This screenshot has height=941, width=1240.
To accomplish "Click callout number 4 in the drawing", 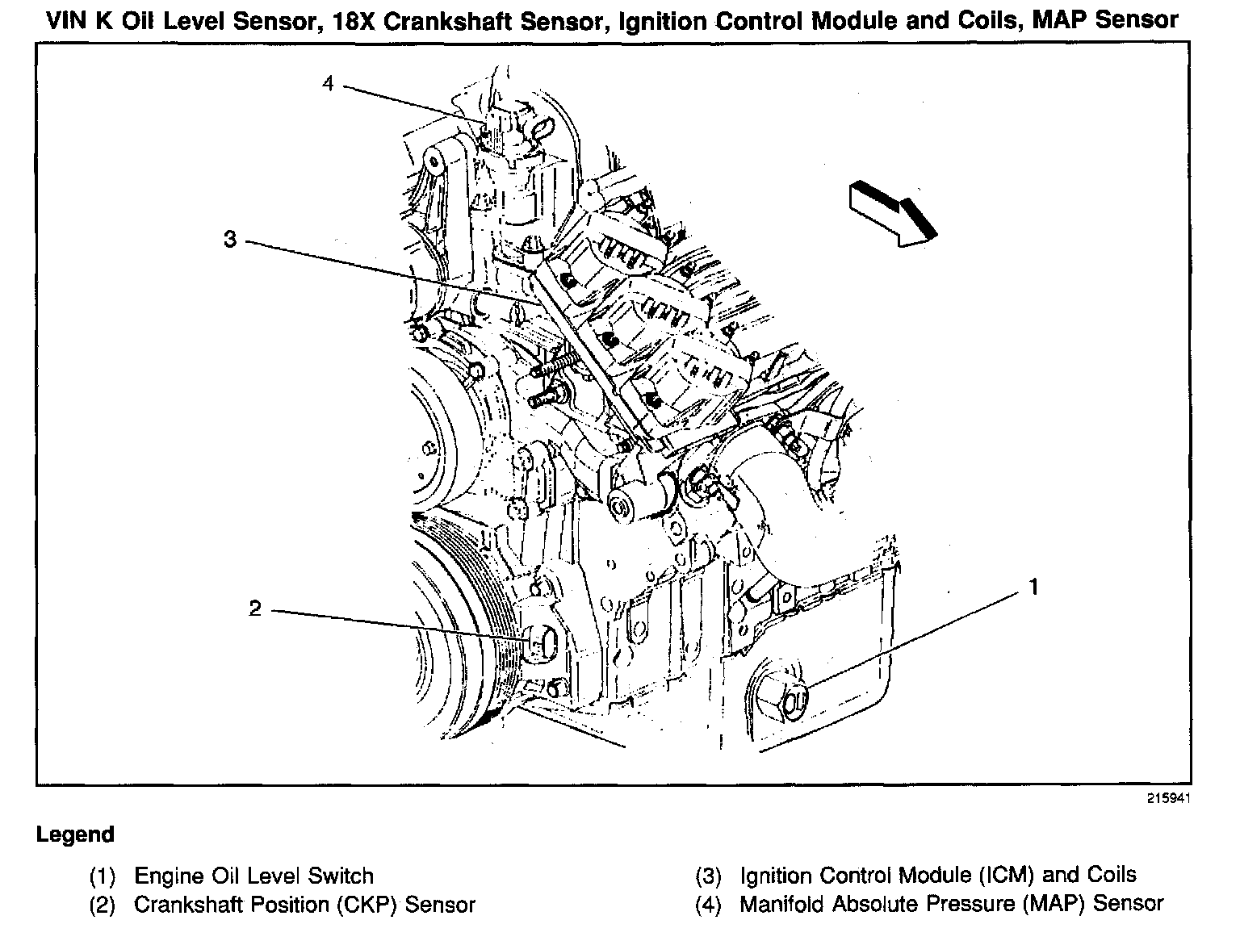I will pos(328,83).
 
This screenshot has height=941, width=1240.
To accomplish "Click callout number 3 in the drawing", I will pos(231,239).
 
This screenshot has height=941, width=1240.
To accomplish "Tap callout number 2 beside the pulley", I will pos(255,608).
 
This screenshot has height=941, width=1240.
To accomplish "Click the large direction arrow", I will pos(893,214).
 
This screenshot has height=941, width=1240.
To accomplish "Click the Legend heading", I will pos(75,834).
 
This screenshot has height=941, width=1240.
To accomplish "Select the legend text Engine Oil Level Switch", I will pos(253,876).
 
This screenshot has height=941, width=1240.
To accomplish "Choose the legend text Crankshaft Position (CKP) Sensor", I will pos(304,905).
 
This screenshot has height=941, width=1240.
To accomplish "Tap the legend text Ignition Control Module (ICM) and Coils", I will pos(938,876).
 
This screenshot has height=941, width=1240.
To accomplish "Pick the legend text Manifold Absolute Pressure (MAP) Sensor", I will pos(952,904).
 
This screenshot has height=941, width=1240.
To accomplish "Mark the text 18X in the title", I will pos(352,20).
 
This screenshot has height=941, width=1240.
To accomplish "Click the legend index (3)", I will pos(708,876).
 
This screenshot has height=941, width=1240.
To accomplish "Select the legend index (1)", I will pos(103,876).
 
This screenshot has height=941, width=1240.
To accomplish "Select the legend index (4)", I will pos(708,905).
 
